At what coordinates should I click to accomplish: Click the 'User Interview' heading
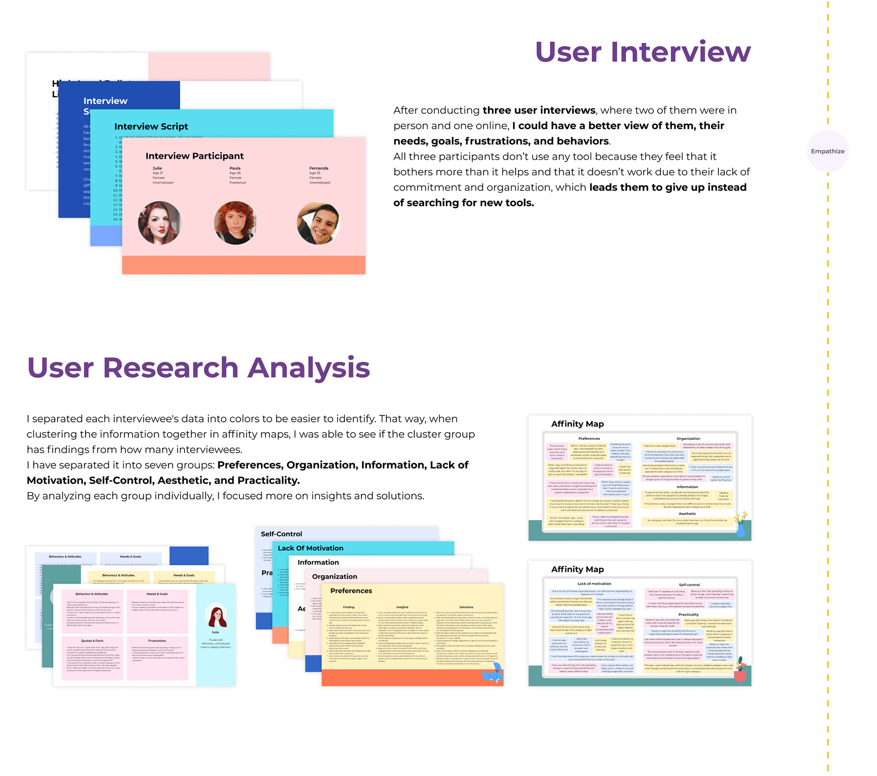pyautogui.click(x=642, y=52)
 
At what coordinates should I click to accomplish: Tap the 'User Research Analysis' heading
pyautogui.click(x=198, y=367)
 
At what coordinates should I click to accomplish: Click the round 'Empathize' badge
pyautogui.click(x=827, y=151)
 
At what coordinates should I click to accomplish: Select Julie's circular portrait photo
pyautogui.click(x=159, y=223)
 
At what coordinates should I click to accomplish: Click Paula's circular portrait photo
pyautogui.click(x=235, y=223)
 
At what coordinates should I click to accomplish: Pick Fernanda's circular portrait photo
pyautogui.click(x=318, y=223)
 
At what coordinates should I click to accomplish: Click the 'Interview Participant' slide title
pyautogui.click(x=195, y=156)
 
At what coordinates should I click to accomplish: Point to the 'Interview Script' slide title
pyautogui.click(x=151, y=127)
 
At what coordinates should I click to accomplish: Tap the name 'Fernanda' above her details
pyautogui.click(x=319, y=168)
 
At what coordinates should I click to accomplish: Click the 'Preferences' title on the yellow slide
pyautogui.click(x=351, y=591)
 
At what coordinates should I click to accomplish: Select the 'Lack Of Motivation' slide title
pyautogui.click(x=310, y=548)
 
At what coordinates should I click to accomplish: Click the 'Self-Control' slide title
pyautogui.click(x=281, y=534)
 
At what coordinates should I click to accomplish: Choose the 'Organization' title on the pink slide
pyautogui.click(x=334, y=576)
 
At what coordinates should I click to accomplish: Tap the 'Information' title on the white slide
pyautogui.click(x=318, y=562)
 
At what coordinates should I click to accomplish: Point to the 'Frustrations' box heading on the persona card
pyautogui.click(x=157, y=641)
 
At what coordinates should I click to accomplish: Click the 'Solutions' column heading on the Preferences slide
pyautogui.click(x=466, y=607)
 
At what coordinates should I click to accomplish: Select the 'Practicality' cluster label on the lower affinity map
pyautogui.click(x=688, y=614)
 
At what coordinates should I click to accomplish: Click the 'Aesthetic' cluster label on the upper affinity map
pyautogui.click(x=687, y=513)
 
